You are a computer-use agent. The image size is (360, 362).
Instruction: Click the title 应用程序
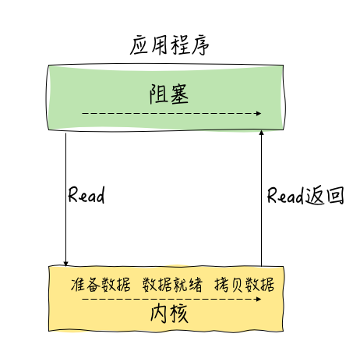point(169,46)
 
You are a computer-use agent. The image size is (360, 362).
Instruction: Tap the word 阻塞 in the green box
point(169,94)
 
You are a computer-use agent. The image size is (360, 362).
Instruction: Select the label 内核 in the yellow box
point(169,314)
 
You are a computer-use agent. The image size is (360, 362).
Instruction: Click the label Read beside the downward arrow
point(86,195)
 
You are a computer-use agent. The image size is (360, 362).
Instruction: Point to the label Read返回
point(305,195)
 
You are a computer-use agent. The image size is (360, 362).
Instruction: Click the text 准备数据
point(101,284)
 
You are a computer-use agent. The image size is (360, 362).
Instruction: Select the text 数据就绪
point(172,284)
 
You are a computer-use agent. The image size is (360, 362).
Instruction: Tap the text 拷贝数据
point(245,284)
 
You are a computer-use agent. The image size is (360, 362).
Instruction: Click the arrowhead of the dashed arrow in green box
point(259,113)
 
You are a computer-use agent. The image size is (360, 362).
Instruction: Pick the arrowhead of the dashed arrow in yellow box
point(259,299)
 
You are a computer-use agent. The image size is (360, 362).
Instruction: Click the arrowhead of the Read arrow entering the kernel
point(65,264)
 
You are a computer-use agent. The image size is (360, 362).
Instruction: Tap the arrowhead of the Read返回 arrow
point(262,133)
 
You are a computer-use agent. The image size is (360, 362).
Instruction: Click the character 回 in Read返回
point(335,195)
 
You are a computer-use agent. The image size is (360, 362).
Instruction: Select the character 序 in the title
point(200,46)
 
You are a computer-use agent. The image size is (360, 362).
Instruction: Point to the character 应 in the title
point(139,46)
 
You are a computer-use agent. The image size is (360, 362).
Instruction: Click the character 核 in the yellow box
point(179,314)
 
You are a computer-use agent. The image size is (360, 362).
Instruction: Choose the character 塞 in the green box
point(179,94)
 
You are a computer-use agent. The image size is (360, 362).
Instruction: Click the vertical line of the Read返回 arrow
point(262,198)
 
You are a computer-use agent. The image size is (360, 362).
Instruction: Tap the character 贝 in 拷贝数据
point(238,285)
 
